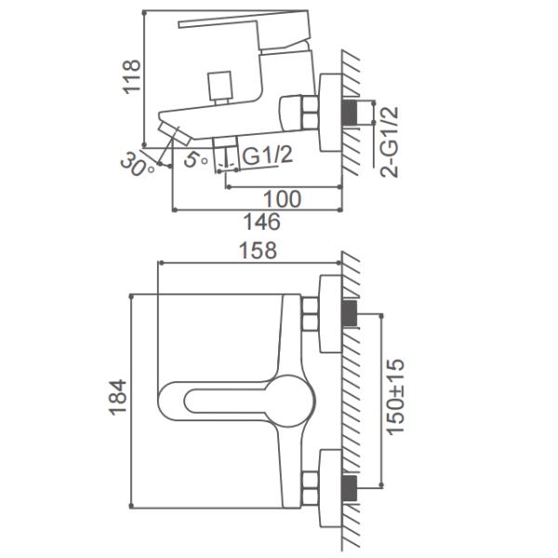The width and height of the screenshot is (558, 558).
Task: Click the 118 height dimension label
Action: pos(131,77)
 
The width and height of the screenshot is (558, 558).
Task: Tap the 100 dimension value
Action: pos(282,199)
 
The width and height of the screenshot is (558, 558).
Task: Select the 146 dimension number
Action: pos(262,221)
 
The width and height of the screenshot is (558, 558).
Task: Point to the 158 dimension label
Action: pos(258,250)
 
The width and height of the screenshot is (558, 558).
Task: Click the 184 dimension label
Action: pos(117,397)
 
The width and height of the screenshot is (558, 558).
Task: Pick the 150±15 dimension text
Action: pos(396,397)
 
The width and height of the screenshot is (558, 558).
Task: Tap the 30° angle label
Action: pos(137,164)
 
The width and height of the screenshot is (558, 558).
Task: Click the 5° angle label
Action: pos(195,159)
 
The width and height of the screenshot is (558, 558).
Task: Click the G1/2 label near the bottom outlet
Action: pos(268,155)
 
